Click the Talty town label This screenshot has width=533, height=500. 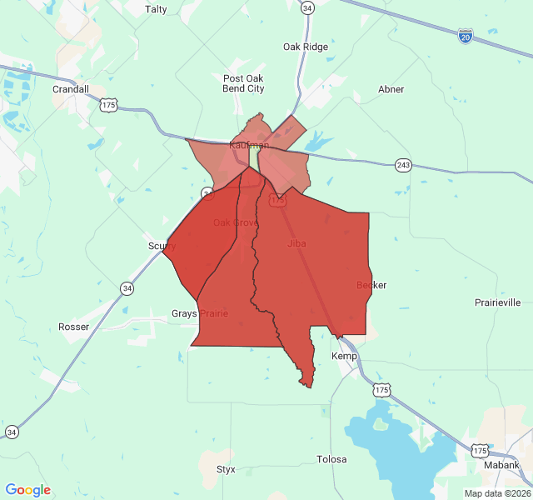pyautogui.click(x=156, y=9)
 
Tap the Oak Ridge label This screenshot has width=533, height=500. pyautogui.click(x=306, y=47)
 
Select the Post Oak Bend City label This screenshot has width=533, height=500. pyautogui.click(x=244, y=83)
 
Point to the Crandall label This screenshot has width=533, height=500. pyautogui.click(x=70, y=89)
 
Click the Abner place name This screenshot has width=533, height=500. pyautogui.click(x=391, y=89)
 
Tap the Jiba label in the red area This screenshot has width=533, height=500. pyautogui.click(x=296, y=243)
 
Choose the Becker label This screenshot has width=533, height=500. pyautogui.click(x=371, y=285)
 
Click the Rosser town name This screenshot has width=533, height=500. pyautogui.click(x=73, y=327)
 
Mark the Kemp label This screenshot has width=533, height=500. pyautogui.click(x=344, y=356)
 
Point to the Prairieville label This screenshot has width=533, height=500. pyautogui.click(x=497, y=302)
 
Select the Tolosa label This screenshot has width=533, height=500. pyautogui.click(x=331, y=459)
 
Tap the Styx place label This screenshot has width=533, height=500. pyautogui.click(x=226, y=469)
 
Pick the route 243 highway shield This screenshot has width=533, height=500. pyautogui.click(x=403, y=165)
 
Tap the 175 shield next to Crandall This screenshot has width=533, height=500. pyautogui.click(x=107, y=104)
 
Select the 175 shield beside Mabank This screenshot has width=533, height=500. pyautogui.click(x=480, y=451)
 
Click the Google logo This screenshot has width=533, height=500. pyautogui.click(x=27, y=490)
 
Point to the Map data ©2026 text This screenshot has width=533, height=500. pyautogui.click(x=496, y=493)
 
